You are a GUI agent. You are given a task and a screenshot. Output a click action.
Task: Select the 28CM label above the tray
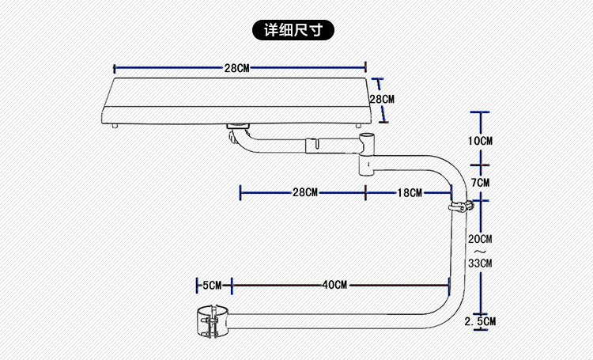[x=236, y=68]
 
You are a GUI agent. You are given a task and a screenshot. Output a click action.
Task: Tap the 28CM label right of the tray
[x=382, y=100]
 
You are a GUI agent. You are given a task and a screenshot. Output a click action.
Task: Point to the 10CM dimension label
[x=481, y=141]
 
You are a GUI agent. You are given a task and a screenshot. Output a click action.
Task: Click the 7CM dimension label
[x=481, y=183]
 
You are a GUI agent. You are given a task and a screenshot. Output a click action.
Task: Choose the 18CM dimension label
[x=410, y=192]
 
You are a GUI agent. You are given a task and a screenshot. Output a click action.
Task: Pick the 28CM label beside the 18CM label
[x=304, y=192]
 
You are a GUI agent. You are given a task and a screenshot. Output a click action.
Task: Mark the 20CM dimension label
[x=480, y=239]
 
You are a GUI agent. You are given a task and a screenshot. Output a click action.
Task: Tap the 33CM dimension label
[x=480, y=263]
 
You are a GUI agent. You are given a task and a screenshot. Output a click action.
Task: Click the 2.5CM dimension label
[x=481, y=321]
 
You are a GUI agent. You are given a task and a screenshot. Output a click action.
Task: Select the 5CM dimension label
[x=213, y=284]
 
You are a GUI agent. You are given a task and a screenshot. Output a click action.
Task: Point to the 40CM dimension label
[x=334, y=284]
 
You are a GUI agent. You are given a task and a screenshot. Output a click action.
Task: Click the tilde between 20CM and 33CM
[x=480, y=251]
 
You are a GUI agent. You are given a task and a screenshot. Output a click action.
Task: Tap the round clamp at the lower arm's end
[x=211, y=321]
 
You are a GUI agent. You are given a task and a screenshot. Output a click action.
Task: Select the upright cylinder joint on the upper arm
[x=367, y=154]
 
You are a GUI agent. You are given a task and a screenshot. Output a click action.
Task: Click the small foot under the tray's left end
[x=115, y=125]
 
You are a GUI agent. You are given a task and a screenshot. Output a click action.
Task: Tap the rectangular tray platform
[x=237, y=99]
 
